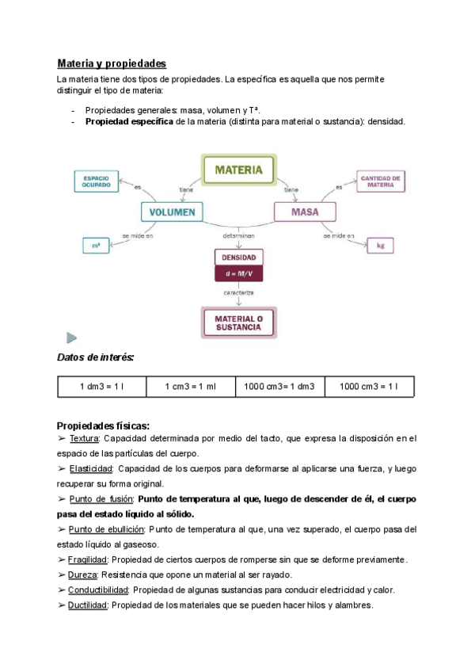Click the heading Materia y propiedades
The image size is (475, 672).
pyautogui.click(x=112, y=63)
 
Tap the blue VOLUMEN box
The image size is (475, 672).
pyautogui.click(x=172, y=212)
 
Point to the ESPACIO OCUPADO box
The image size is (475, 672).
pyautogui.click(x=96, y=181)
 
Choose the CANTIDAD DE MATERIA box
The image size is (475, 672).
pyautogui.click(x=382, y=181)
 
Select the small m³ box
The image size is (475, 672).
pyautogui.click(x=96, y=246)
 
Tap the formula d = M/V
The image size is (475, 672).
pyautogui.click(x=237, y=273)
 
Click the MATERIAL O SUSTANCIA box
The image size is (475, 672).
pyautogui.click(x=237, y=323)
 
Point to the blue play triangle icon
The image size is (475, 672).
pyautogui.click(x=71, y=338)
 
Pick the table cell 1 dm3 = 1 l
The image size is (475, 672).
pyautogui.click(x=102, y=387)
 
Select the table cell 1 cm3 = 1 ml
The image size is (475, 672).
pyautogui.click(x=191, y=387)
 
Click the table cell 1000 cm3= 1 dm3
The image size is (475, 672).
pyautogui.click(x=280, y=387)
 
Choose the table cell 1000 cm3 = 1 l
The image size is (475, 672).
pyautogui.click(x=369, y=387)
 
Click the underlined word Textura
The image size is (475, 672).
pyautogui.click(x=84, y=437)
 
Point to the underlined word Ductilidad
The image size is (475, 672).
pyautogui.click(x=88, y=605)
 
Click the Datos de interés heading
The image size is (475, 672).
pyautogui.click(x=95, y=358)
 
